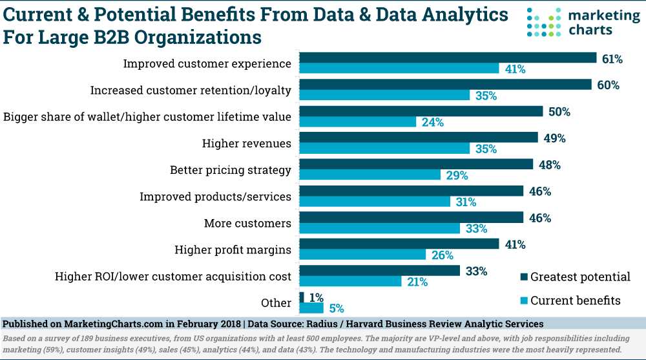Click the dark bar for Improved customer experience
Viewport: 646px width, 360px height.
[x=448, y=58]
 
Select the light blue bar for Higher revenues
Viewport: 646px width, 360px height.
[x=385, y=148]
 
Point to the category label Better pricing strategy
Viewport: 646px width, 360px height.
[x=231, y=171]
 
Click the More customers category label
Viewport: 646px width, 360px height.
[x=247, y=224]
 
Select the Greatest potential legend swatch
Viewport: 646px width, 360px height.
[x=523, y=277]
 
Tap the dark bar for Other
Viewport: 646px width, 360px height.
[x=302, y=297]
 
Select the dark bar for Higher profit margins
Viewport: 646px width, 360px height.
[x=399, y=244]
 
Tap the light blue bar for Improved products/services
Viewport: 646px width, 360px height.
[x=375, y=202]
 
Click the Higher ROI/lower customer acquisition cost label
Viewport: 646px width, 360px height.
[x=174, y=277]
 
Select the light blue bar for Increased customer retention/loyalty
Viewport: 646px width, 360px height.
[x=385, y=96]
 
